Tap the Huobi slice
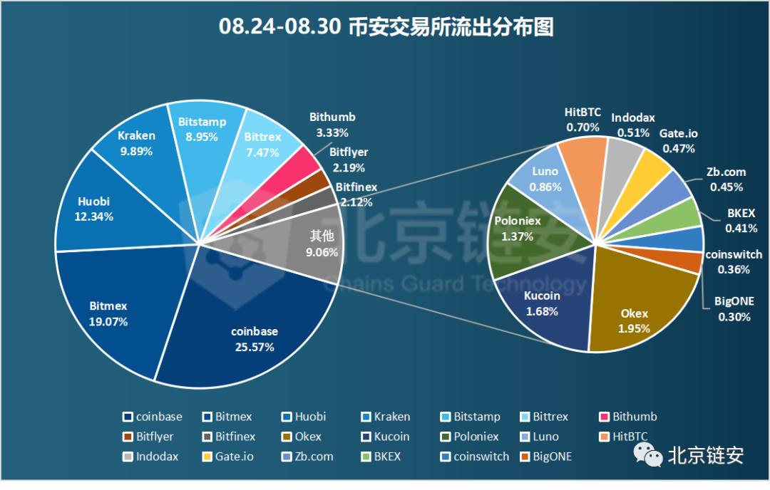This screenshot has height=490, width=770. click(100, 207)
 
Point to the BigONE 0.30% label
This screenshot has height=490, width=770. click(734, 309)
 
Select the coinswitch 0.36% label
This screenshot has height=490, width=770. click(734, 261)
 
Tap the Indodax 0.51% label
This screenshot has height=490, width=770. click(633, 125)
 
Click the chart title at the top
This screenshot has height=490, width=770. click(386, 27)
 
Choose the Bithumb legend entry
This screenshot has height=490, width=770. click(627, 417)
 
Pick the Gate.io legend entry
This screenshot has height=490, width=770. click(227, 457)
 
